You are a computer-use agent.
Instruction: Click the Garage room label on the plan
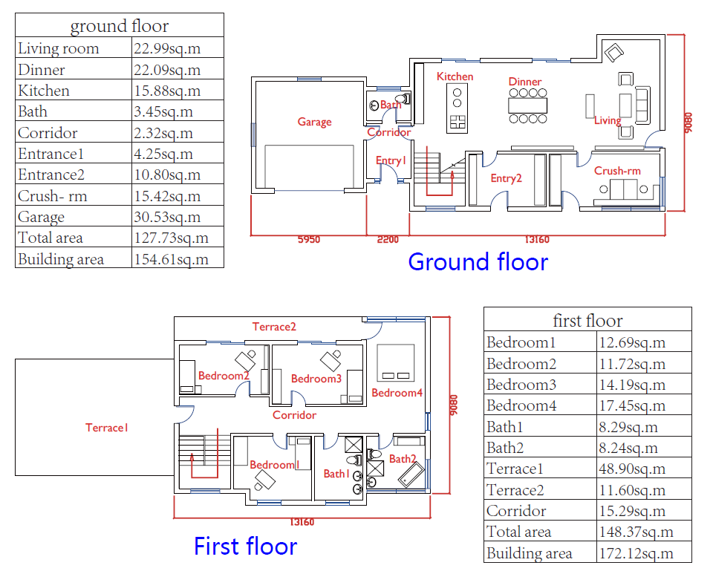[x=315, y=122]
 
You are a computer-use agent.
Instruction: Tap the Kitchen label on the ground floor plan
[x=455, y=76]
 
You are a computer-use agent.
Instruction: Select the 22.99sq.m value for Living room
[x=167, y=48]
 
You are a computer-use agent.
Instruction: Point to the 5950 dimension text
[x=309, y=240]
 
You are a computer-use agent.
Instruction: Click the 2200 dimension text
[x=388, y=240]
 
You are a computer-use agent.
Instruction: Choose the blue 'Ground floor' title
[x=478, y=262]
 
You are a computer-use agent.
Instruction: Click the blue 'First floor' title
[x=246, y=546]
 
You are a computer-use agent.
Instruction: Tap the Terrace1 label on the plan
[x=107, y=428]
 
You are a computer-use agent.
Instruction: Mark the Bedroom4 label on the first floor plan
[x=397, y=393]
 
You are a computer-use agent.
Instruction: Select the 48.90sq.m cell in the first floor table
[x=632, y=469]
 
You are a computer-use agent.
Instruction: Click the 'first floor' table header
[x=587, y=320]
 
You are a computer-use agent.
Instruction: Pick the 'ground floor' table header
[x=119, y=26]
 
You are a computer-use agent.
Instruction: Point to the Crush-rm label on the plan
[x=617, y=171]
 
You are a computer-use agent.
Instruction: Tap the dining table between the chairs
[x=527, y=105]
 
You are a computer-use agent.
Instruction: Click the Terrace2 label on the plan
[x=274, y=327]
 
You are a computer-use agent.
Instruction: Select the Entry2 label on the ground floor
[x=506, y=178]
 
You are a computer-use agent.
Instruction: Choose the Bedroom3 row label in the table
[x=521, y=385]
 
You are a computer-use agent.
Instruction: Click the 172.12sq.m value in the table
[x=637, y=553]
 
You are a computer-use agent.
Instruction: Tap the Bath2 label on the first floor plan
[x=403, y=459]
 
